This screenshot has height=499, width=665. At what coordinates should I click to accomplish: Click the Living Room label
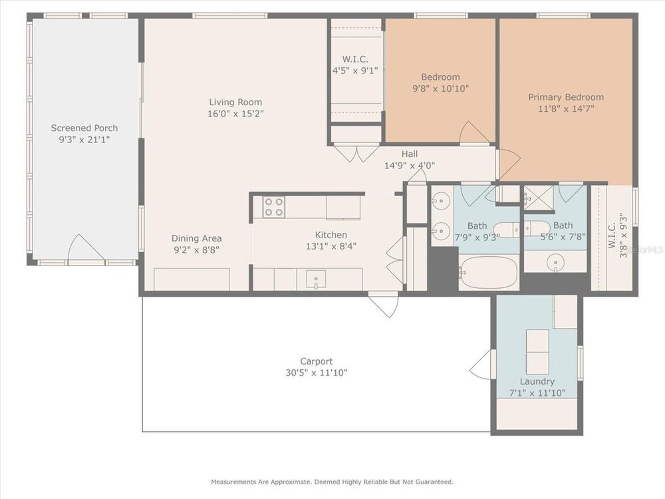[x=235, y=102]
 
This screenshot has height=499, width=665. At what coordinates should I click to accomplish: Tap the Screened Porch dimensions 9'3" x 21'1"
[x=84, y=140]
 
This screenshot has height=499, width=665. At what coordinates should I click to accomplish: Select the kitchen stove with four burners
[x=273, y=207]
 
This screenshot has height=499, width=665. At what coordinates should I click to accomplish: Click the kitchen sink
[x=317, y=279]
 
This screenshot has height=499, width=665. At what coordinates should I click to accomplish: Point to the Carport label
[x=317, y=361]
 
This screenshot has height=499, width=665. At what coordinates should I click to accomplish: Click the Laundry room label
[x=537, y=381]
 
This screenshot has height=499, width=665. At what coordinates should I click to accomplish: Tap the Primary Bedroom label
[x=566, y=97]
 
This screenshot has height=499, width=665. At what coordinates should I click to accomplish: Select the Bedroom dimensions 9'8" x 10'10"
[x=440, y=88]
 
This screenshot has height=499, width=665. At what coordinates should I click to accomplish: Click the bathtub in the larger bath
[x=489, y=272]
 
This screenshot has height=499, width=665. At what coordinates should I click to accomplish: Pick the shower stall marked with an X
[x=539, y=198]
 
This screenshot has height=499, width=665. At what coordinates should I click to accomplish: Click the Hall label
[x=409, y=154]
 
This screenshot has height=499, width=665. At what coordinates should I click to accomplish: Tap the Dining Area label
[x=196, y=238]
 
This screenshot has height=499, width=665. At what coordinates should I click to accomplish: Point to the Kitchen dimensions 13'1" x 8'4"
[x=331, y=246]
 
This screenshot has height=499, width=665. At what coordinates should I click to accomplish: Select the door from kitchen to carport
[x=384, y=304]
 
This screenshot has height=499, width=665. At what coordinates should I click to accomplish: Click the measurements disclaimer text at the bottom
[x=332, y=482]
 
